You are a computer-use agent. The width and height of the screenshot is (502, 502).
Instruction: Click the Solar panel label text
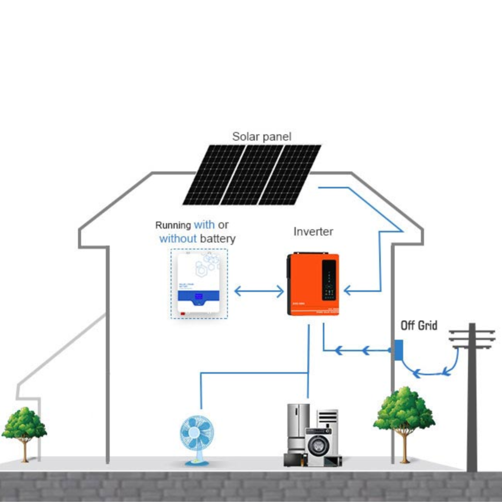261,137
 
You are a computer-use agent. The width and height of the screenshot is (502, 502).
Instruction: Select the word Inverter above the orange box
313,231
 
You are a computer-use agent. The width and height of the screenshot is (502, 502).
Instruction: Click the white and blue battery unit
199,284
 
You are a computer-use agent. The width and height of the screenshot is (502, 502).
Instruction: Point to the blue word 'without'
177,239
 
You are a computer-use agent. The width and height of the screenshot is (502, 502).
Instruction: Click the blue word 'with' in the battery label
204,225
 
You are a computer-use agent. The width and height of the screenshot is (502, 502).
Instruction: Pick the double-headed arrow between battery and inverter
259,291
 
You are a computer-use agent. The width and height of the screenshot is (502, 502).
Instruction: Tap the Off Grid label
419,326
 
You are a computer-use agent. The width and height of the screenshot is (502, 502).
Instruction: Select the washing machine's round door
318,445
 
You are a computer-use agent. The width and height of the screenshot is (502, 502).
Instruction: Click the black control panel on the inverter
329,279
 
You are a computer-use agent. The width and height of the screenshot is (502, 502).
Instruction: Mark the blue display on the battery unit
200,297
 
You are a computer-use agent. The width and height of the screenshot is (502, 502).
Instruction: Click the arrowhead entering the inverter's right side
348,291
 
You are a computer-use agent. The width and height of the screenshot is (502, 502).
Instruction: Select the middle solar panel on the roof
252,175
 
